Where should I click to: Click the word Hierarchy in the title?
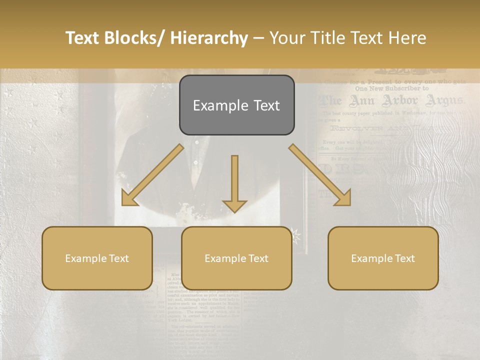[209, 38]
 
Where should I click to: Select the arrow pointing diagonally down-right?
[320, 175]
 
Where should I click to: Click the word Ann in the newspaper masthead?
[362, 101]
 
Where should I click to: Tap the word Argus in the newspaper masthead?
[444, 101]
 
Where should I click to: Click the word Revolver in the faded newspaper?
[355, 129]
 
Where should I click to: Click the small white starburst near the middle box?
[298, 234]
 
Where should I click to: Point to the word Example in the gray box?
[215, 105]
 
